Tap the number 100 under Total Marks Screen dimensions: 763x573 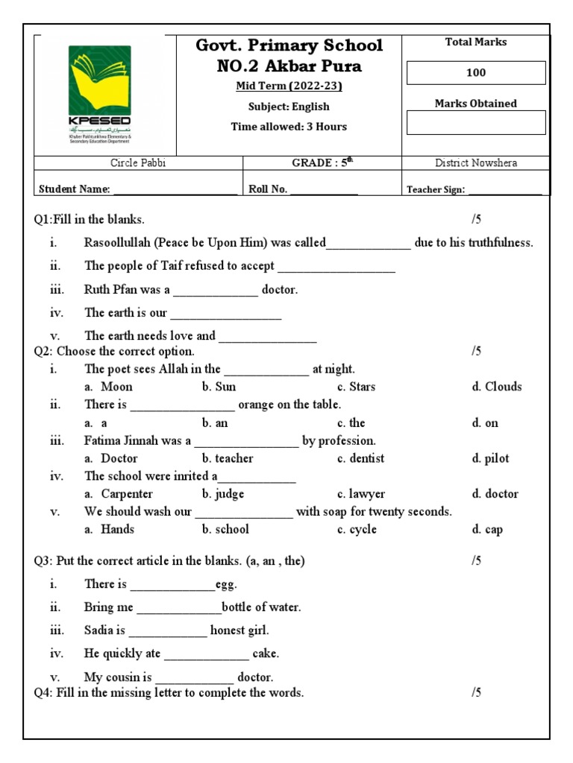(x=476, y=73)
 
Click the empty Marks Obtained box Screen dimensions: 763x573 (x=476, y=122)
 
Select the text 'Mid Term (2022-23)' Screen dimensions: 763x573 (x=289, y=86)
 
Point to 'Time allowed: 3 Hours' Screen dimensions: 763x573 (x=289, y=127)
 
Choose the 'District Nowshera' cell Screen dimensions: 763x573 (x=476, y=163)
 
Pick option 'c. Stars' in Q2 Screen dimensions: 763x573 (x=357, y=387)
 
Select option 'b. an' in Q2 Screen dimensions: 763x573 (x=215, y=422)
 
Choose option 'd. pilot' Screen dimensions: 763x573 (x=490, y=458)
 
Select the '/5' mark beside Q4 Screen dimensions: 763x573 (x=477, y=693)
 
